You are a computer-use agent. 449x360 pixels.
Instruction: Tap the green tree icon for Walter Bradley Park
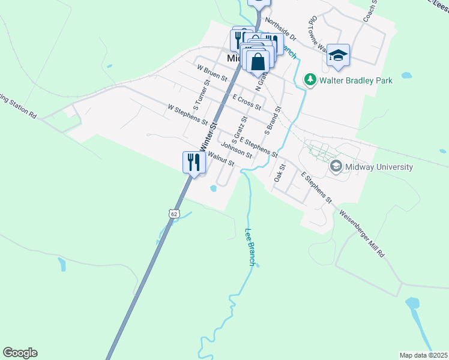coord(310,79)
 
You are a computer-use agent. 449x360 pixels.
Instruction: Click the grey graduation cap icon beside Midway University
coord(336,166)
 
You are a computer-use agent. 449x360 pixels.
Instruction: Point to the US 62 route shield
coord(173,213)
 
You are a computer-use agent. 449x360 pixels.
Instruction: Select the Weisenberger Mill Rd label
coord(361,233)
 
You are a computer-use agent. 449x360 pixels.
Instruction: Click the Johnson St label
coord(236,149)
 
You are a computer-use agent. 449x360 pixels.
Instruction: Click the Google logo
coord(20,353)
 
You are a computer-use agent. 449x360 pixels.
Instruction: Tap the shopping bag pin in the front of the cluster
coord(258,62)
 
